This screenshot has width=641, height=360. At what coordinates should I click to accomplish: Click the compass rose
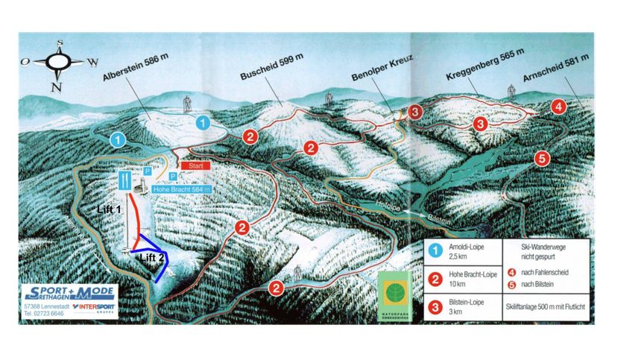[57, 64]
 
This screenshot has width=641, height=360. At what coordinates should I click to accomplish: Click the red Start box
[196, 165]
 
